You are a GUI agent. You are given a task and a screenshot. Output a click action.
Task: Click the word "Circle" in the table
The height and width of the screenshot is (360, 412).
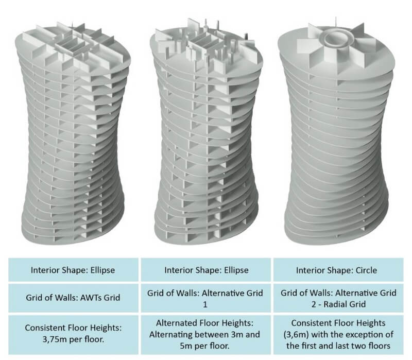(x=366, y=270)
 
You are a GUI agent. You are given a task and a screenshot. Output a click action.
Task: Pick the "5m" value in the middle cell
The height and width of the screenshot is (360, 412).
(x=186, y=346)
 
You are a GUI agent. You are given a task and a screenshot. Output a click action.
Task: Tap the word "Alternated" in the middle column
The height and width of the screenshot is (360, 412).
(x=175, y=323)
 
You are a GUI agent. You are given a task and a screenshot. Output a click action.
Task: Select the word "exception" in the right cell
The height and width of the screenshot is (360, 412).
(x=362, y=335)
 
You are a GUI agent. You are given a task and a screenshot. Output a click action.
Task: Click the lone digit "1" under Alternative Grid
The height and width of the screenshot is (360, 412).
(x=205, y=304)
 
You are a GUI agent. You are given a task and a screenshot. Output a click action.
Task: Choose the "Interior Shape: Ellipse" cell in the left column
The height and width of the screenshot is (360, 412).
(x=73, y=270)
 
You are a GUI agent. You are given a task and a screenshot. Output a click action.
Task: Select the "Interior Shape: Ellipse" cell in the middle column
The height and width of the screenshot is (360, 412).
(x=206, y=270)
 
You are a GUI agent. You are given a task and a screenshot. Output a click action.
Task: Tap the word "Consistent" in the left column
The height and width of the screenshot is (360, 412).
(x=44, y=328)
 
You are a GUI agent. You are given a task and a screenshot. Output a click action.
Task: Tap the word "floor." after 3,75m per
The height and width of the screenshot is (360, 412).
(x=94, y=339)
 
